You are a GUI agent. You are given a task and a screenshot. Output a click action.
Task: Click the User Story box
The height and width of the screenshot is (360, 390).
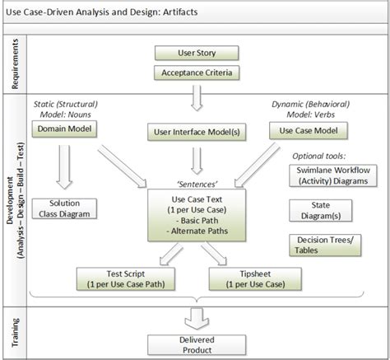coord(197,54)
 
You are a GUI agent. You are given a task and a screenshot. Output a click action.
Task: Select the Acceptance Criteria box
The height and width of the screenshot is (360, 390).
coord(197,72)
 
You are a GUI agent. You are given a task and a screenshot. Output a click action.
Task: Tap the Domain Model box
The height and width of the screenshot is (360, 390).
coord(65,129)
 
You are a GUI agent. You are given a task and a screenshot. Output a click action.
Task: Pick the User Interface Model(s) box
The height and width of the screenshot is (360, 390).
coord(196,131)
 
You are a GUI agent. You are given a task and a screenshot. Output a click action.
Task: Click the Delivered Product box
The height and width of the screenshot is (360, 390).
coord(196,345)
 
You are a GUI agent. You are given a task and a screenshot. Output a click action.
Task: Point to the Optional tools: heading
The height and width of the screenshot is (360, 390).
coord(319,154)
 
